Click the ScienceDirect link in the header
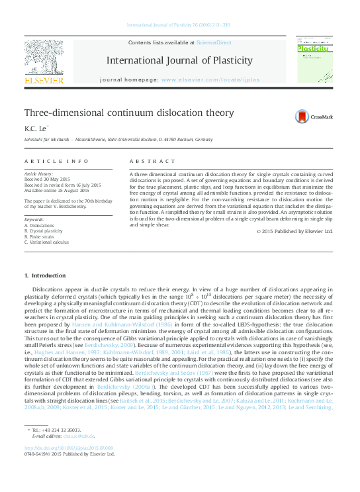tap(214, 42)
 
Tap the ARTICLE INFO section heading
tap(56, 162)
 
